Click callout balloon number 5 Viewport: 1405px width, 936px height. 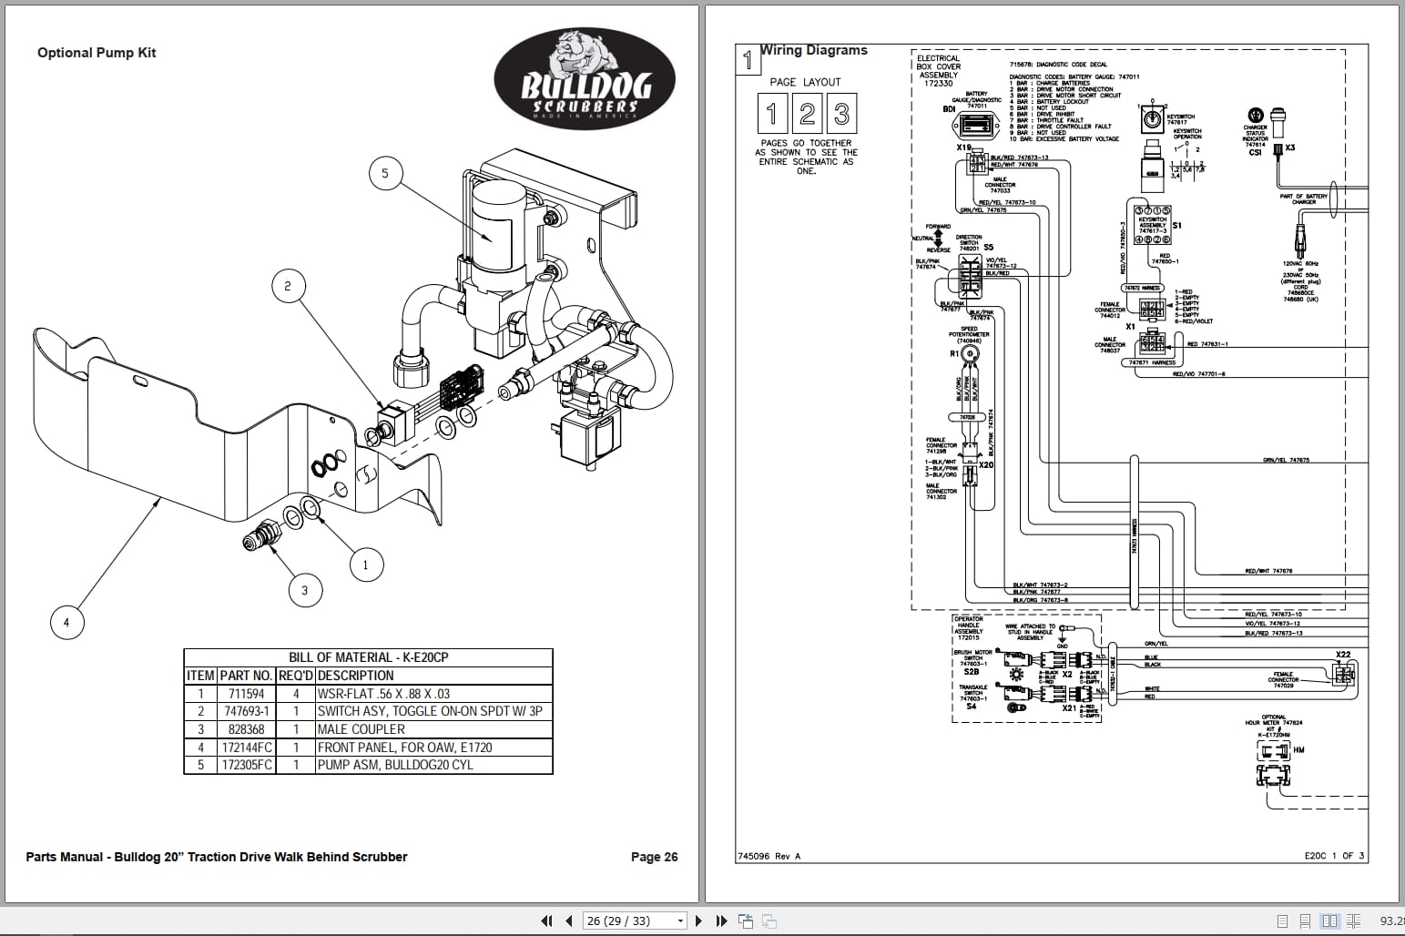coord(385,173)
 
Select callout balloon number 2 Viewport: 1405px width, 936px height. coord(288,286)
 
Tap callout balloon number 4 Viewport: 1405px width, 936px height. coord(66,623)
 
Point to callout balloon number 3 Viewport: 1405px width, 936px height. coord(304,590)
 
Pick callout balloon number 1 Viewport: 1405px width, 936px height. coord(366,565)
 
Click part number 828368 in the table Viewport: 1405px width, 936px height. coord(246,729)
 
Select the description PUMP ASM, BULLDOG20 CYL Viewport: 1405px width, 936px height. coord(395,765)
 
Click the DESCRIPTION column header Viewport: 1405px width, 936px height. coord(356,676)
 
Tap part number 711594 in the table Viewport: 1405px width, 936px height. coord(246,694)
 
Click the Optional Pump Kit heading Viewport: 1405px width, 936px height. coord(97,53)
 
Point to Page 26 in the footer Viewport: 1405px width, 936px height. coord(654,857)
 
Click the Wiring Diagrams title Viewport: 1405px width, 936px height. coord(814,51)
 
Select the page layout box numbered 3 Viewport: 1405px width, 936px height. coord(841,114)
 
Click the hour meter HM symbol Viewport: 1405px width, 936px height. coord(1273,751)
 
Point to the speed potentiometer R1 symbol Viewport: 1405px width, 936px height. coord(971,353)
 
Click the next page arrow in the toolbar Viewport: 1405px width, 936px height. coord(698,921)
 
